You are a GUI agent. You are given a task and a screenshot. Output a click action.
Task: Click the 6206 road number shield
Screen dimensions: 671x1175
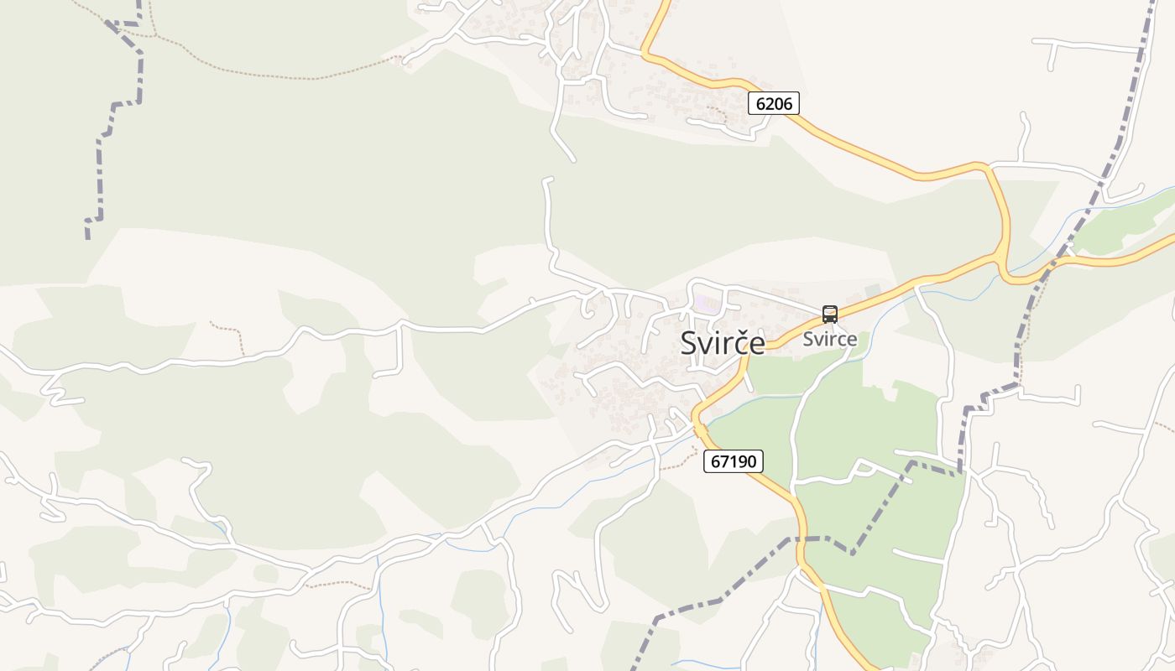(773, 103)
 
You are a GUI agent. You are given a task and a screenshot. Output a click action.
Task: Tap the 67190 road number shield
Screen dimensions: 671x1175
(733, 460)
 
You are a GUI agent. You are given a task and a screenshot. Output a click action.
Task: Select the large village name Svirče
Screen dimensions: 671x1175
(722, 342)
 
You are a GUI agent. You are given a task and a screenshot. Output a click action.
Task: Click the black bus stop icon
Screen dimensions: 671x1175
(829, 315)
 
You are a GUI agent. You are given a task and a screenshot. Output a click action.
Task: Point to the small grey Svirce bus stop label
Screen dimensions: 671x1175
(829, 339)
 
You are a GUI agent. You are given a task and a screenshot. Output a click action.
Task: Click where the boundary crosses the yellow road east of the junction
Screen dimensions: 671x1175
(1052, 264)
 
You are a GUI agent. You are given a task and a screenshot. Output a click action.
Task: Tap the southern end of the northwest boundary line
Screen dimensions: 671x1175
(87, 237)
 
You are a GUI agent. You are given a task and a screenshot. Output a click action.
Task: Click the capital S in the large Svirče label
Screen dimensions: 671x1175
(690, 342)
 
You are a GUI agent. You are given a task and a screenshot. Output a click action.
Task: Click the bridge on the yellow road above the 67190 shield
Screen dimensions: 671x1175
(698, 429)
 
